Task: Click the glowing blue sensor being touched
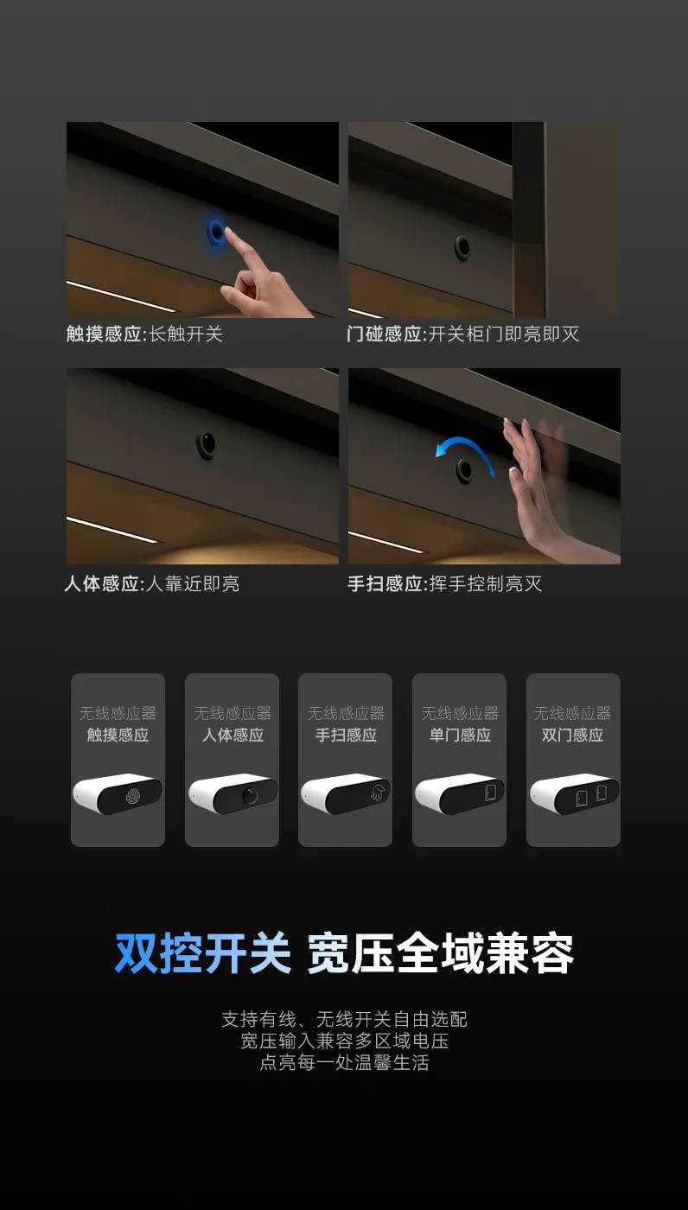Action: pos(216,232)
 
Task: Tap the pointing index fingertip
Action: pos(227,232)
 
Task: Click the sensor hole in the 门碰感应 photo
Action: pos(462,246)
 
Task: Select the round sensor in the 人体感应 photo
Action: pos(206,444)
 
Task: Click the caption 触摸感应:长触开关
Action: pos(144,334)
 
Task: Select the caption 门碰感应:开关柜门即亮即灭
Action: pos(463,334)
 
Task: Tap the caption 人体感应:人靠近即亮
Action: pos(152,583)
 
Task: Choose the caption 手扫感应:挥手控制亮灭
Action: pos(445,583)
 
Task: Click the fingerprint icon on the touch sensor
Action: pos(132,795)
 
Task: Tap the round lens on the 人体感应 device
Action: pos(250,795)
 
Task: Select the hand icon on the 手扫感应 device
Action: pos(379,792)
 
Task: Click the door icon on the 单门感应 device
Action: pos(490,792)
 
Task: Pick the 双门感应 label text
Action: pos(572,735)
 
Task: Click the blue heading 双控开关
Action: pos(203,953)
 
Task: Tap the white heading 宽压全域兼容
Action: pos(441,953)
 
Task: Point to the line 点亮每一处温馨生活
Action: pos(345,1062)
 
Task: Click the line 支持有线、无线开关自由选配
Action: pos(345,1019)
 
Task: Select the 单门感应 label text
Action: pos(460,735)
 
